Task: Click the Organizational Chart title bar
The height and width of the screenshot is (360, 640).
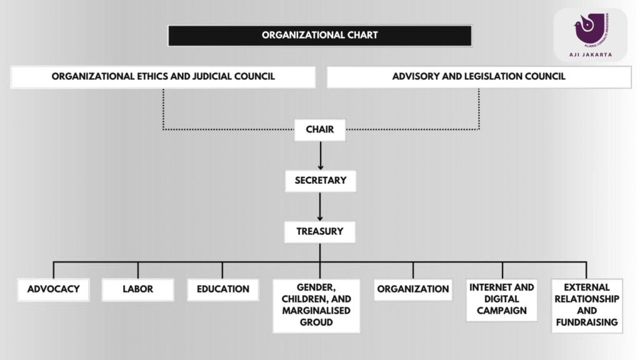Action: [x=319, y=35]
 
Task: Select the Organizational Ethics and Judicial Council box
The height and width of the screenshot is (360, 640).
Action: [x=163, y=77]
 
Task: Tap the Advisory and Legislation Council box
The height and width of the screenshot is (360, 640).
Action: [x=479, y=77]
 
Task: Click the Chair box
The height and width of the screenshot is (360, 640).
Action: [x=320, y=130]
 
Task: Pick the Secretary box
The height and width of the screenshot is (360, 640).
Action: [x=320, y=181]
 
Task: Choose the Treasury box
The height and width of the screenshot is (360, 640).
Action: [x=320, y=231]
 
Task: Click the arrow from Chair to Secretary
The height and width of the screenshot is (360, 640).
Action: [x=320, y=155]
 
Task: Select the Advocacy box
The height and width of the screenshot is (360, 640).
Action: [x=54, y=289]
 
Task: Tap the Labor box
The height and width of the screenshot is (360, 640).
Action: [x=137, y=289]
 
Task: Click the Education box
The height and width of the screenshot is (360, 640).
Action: [x=222, y=289]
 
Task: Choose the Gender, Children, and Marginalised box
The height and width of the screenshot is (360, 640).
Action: [x=316, y=305]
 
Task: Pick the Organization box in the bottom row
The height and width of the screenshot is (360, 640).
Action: [x=413, y=289]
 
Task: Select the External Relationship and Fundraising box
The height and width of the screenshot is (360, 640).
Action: [x=587, y=305]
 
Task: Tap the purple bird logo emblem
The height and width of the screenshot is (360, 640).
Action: [x=589, y=29]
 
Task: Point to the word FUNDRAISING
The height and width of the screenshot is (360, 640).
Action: [x=587, y=322]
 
